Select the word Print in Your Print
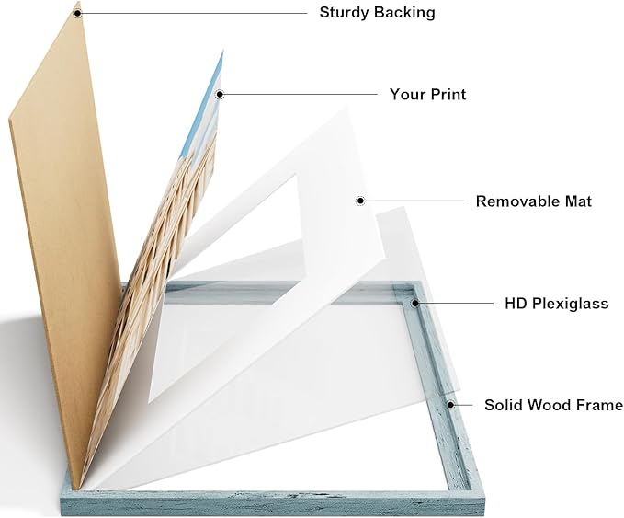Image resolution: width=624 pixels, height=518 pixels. coord(446,95)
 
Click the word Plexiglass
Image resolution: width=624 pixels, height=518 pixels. coord(571,304)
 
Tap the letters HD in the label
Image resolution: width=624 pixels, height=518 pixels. coord(516,304)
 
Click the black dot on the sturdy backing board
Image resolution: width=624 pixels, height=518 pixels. coord(78,13)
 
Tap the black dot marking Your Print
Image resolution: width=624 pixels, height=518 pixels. coord(220,95)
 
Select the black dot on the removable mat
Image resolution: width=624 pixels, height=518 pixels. coord(360,201)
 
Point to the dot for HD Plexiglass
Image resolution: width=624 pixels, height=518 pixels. coord(415,304)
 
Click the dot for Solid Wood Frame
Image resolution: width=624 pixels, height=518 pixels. coord(450,405)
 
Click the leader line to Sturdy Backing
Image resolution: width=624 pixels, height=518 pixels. coord(194,13)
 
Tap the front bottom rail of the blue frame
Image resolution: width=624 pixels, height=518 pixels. coord(273,503)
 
